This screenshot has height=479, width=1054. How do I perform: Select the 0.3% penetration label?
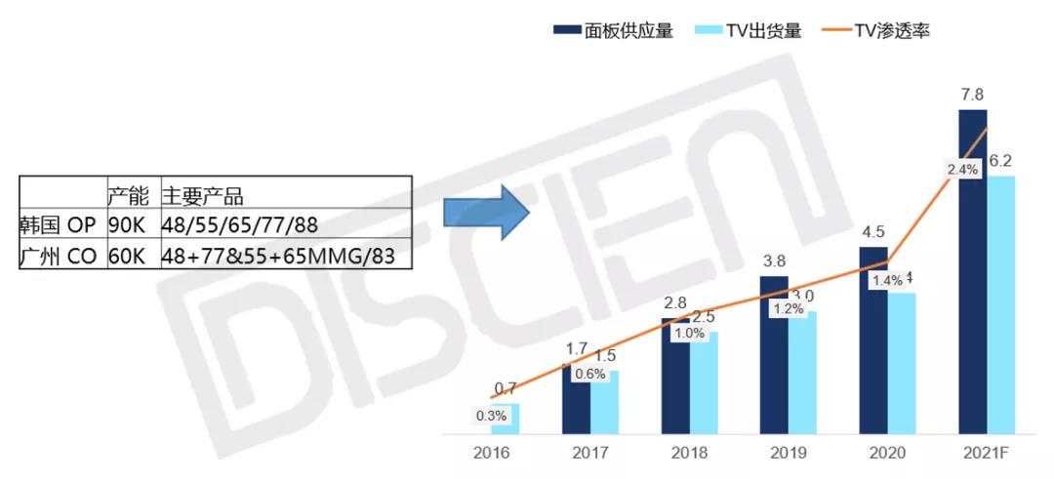[491, 416]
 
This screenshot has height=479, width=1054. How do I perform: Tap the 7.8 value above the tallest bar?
[972, 95]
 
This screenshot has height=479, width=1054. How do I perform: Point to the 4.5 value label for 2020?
[872, 232]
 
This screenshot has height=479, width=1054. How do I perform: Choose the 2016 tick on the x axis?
[491, 454]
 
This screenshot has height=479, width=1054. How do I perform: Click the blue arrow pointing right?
[484, 215]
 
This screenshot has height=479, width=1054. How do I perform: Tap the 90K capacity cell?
[125, 225]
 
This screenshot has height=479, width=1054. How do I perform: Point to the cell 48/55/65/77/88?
[240, 225]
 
